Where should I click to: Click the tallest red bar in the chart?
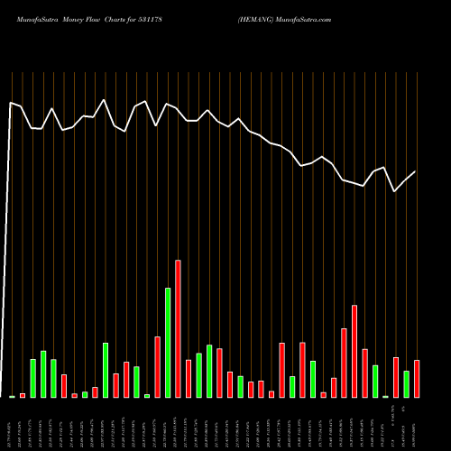[x=178, y=329]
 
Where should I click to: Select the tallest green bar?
[x=168, y=343]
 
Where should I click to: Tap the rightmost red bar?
[x=417, y=379]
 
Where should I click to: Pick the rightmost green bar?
[x=406, y=384]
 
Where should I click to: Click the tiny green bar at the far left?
[x=12, y=396]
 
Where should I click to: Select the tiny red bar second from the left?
[x=23, y=395]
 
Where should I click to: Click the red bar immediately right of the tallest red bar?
[x=189, y=379]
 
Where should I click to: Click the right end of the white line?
[x=416, y=171]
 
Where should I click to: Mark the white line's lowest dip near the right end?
[x=394, y=191]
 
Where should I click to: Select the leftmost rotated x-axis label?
[x=12, y=424]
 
